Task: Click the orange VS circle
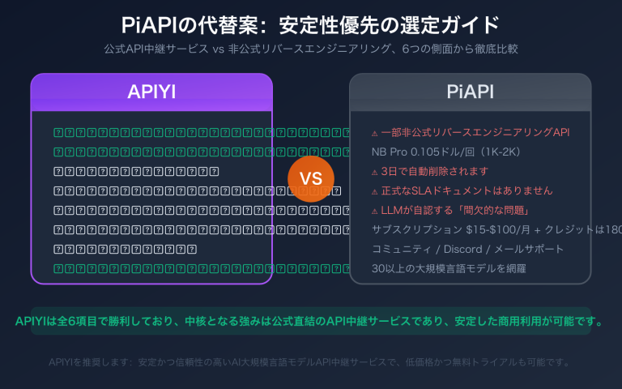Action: tap(310, 179)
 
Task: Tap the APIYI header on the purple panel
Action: tap(151, 92)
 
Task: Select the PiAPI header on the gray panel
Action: tap(470, 92)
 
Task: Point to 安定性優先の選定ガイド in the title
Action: tap(389, 25)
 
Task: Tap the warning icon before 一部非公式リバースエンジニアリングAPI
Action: tap(373, 133)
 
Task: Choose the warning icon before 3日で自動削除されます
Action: tap(373, 172)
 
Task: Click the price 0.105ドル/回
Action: tap(445, 152)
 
